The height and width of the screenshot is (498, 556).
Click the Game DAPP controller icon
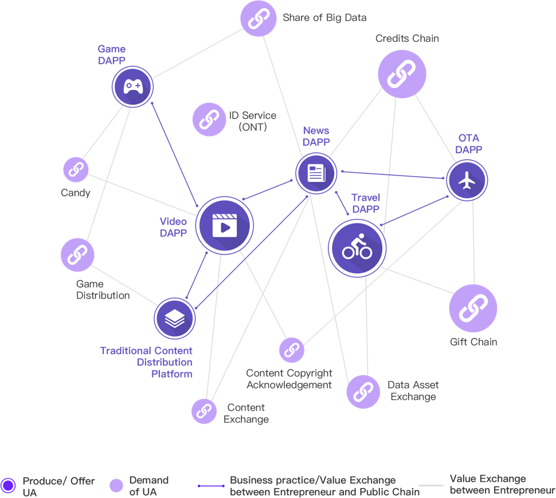coord(132,87)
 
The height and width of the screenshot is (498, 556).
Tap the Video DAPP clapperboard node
coord(224,225)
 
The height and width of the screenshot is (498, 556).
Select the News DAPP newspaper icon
coord(316,173)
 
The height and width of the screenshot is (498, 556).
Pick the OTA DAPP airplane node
coord(467,180)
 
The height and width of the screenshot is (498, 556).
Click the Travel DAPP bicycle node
coord(357,248)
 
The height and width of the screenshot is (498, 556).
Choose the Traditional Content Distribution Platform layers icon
coord(174,318)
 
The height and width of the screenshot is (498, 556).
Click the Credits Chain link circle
coord(402,74)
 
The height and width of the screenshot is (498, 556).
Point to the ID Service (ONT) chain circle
coord(209,119)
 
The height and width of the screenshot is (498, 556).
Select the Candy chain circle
coord(76,169)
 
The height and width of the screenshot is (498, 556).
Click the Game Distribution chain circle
coord(77,255)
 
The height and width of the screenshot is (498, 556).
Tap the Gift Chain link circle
coord(473,308)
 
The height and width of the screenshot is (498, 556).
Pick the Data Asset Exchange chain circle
coord(363,392)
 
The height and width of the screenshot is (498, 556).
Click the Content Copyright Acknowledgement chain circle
coord(291,350)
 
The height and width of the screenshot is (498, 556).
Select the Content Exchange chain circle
coord(203,411)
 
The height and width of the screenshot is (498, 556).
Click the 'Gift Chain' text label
coord(473,343)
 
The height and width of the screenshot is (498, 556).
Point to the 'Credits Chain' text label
coord(407,38)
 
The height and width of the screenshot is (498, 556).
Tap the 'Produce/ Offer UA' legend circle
coord(9,485)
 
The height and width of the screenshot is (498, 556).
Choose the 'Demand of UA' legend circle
coord(116,485)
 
